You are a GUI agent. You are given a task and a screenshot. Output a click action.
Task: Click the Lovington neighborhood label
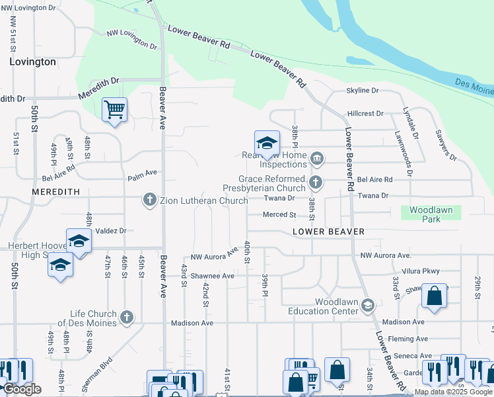click(x=32, y=62)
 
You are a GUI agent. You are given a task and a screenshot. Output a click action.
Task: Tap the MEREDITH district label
click(x=56, y=192)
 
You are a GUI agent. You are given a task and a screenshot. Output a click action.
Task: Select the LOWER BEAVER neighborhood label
click(x=329, y=232)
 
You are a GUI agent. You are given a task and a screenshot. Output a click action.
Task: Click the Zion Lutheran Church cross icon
click(x=150, y=199)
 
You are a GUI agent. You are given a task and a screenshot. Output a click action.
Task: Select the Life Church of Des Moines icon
click(x=127, y=318)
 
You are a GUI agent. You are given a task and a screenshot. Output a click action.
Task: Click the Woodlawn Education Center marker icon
click(x=368, y=305)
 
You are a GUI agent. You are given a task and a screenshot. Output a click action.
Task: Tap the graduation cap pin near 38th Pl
click(x=267, y=142)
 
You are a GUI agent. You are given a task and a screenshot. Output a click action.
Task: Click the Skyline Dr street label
click(x=363, y=91)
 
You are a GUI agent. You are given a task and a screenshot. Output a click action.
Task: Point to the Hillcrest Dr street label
click(x=365, y=114)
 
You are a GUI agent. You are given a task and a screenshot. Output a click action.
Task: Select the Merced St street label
click(x=279, y=215)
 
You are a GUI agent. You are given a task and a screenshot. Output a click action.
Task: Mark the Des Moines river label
click(x=474, y=84)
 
